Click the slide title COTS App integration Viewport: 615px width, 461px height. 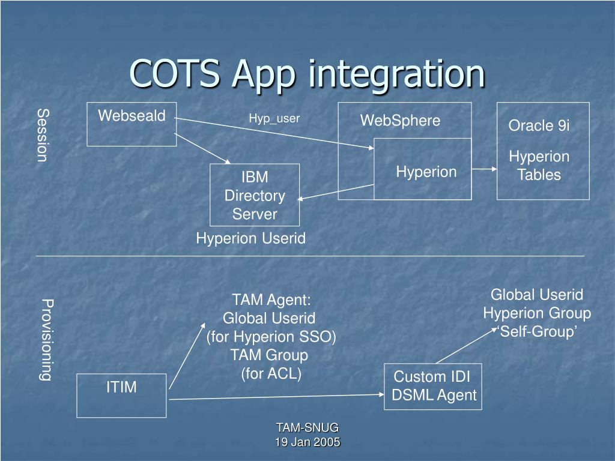click(x=307, y=74)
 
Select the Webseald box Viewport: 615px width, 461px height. click(x=132, y=124)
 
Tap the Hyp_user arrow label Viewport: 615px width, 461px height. click(x=274, y=119)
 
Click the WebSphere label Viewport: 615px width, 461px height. click(x=400, y=121)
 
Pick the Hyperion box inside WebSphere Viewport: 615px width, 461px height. click(x=423, y=169)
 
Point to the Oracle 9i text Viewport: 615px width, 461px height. click(x=539, y=125)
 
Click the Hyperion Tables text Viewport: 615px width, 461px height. click(x=539, y=166)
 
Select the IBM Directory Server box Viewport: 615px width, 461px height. click(x=255, y=195)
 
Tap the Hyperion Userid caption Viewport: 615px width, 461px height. click(x=250, y=238)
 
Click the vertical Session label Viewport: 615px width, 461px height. click(x=42, y=135)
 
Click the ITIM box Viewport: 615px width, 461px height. click(x=121, y=395)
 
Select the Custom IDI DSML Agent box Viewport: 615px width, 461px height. click(x=433, y=386)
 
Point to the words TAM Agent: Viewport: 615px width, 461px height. click(x=271, y=300)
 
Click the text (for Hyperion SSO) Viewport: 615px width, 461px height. click(x=271, y=337)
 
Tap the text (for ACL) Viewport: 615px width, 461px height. click(x=271, y=374)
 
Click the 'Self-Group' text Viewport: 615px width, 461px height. click(x=538, y=332)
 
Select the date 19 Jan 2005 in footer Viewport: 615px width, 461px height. click(x=307, y=442)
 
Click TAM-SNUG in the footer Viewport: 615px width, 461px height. click(x=307, y=427)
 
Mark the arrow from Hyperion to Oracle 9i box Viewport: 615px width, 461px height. click(x=484, y=169)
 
